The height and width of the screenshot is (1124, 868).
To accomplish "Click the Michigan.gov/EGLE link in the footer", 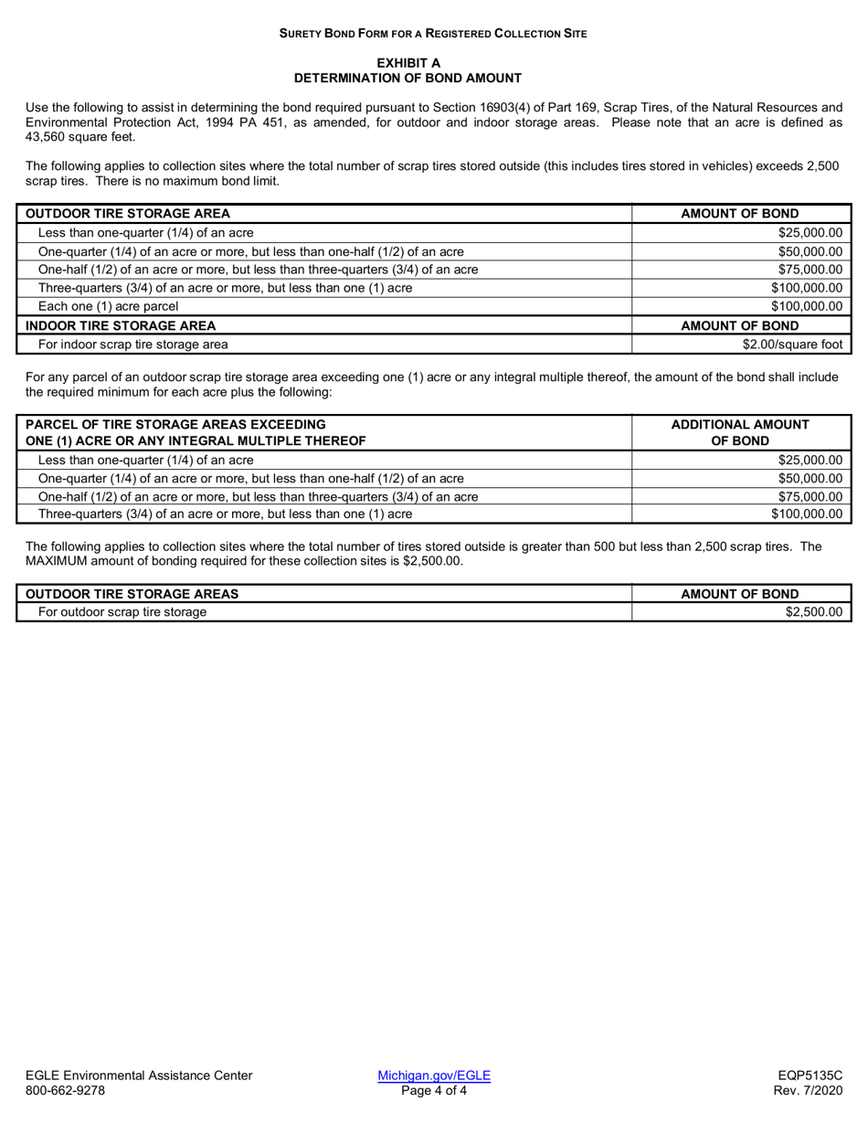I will [x=434, y=1076].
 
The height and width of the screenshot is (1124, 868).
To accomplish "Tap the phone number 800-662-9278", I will [x=65, y=1090].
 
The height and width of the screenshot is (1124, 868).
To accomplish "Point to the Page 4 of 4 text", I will [x=434, y=1090].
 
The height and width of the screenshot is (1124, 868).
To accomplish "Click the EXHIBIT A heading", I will [x=408, y=62].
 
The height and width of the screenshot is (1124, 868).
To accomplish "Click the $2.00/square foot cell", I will [x=792, y=345].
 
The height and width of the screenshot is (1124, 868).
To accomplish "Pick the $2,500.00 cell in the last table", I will [x=813, y=611].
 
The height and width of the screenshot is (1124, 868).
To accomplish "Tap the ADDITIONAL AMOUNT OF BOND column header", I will [x=740, y=432].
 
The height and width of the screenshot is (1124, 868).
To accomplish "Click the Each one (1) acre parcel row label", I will [x=108, y=306].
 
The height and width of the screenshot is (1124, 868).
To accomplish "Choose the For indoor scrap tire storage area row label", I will [x=132, y=345].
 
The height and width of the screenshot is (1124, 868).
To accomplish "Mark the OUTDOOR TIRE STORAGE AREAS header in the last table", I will [x=132, y=594].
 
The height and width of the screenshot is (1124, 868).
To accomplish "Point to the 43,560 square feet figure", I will [x=80, y=136].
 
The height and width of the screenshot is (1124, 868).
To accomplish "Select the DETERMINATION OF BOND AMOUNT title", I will [x=408, y=78].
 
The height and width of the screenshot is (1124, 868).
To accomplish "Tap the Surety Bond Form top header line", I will [x=433, y=33].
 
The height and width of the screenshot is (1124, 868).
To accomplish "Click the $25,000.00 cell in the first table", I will [x=806, y=232].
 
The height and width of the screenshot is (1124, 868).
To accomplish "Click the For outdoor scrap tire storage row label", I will [x=122, y=611].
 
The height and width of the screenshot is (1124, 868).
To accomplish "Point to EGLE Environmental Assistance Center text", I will [x=139, y=1076].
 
